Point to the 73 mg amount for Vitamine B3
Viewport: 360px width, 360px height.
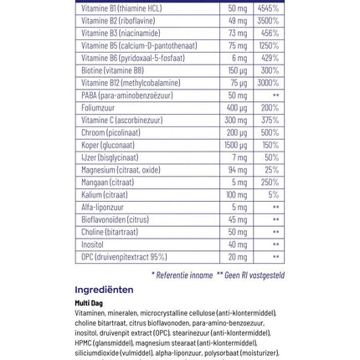tap(238, 33)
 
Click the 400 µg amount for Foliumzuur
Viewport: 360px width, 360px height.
tap(237, 109)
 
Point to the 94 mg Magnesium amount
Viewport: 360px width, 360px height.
tap(238, 170)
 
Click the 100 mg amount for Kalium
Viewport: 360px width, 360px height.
tap(237, 195)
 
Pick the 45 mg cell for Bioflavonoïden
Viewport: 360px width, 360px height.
tap(238, 219)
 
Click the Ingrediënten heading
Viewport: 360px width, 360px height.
tap(104, 291)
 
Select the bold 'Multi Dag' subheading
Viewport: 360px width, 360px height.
tap(89, 303)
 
